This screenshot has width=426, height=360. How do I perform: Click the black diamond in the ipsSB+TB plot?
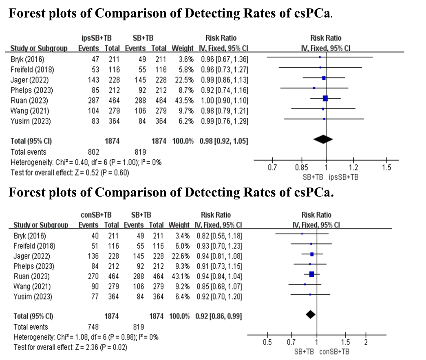323,139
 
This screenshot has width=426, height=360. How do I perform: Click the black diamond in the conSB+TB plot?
311,314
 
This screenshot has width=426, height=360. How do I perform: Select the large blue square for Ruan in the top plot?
325,98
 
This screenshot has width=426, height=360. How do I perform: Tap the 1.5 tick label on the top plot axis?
386,168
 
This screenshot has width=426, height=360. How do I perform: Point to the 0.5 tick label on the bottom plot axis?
267,342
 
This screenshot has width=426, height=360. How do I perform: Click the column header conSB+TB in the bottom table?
97,215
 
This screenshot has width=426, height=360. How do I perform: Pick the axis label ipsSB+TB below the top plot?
343,177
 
